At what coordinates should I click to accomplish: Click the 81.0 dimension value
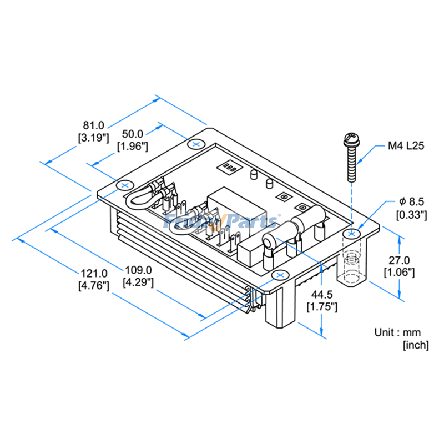click(x=93, y=125)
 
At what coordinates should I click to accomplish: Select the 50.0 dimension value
click(x=133, y=134)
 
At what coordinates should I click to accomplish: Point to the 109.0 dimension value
click(x=138, y=270)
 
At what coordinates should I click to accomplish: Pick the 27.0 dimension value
click(x=399, y=260)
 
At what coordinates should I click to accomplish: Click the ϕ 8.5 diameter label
click(x=412, y=201)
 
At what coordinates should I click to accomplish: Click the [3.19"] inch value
click(x=93, y=137)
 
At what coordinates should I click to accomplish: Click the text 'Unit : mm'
click(x=397, y=332)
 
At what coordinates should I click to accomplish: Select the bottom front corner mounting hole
click(x=280, y=275)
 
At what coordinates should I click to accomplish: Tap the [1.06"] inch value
click(x=399, y=272)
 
